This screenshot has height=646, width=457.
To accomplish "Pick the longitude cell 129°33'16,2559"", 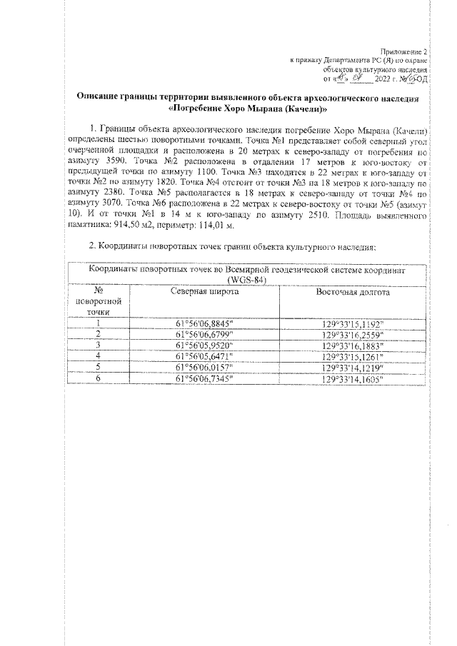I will tap(353, 333).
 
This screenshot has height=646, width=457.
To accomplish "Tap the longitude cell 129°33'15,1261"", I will tap(353, 356).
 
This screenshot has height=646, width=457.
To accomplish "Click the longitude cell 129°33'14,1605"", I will tap(353, 378).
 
